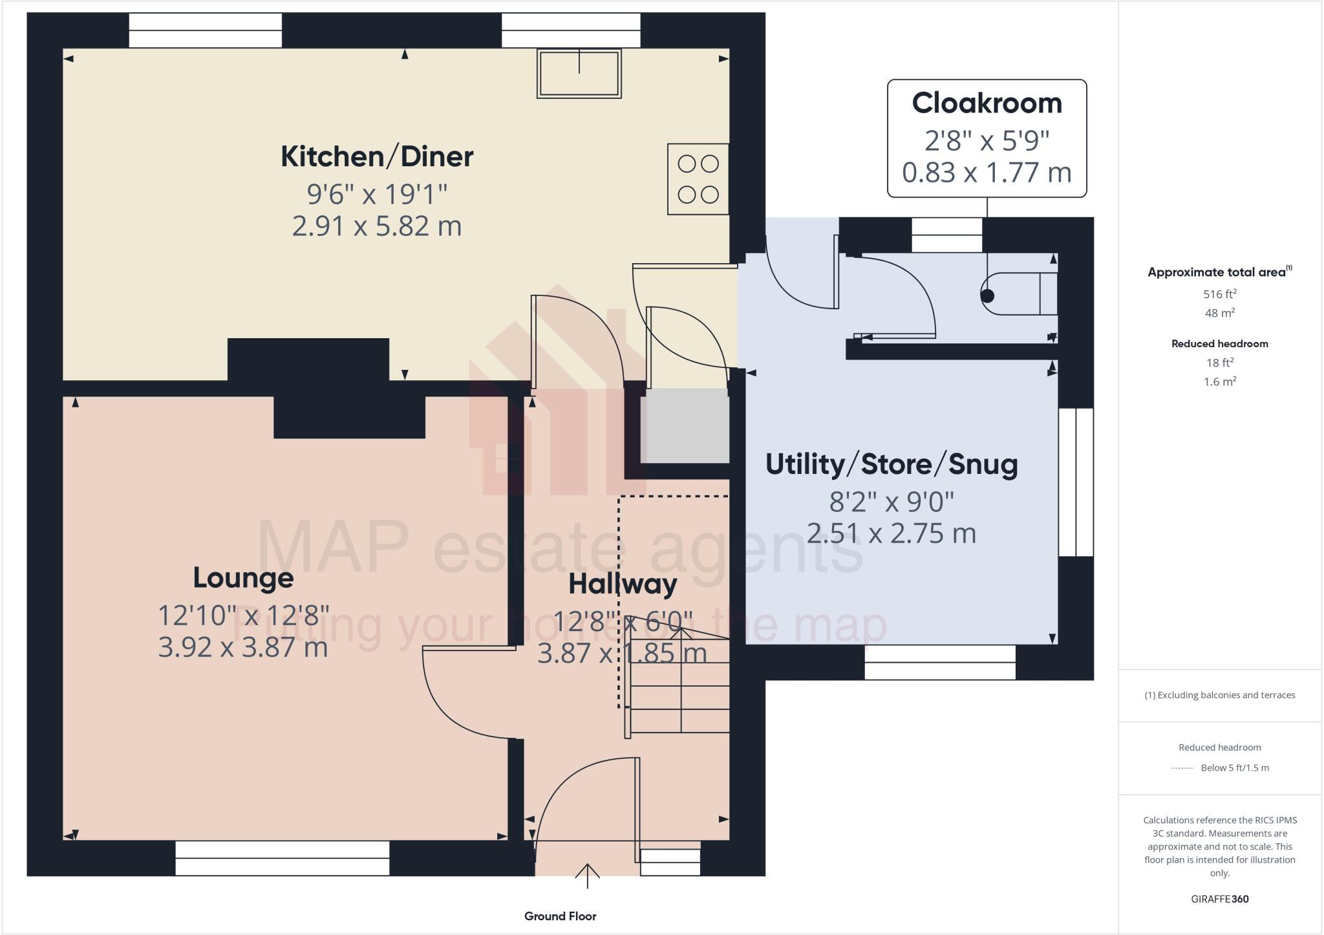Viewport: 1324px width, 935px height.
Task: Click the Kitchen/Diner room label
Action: (377, 157)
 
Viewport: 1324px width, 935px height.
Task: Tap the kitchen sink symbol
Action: (579, 73)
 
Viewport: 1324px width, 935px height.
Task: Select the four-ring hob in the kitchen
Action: (698, 179)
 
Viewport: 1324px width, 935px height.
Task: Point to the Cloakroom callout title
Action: (987, 103)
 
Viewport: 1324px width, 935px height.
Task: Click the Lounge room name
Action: (243, 578)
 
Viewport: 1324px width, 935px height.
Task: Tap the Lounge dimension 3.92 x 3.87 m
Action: (243, 647)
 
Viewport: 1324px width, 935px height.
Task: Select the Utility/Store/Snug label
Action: (892, 465)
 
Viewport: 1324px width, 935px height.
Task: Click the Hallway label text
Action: (623, 585)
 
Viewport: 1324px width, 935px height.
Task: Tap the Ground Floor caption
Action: (560, 916)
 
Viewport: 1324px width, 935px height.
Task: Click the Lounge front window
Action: (283, 858)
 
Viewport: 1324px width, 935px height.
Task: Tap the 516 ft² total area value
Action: (1219, 294)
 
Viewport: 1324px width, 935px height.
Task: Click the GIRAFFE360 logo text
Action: (1219, 899)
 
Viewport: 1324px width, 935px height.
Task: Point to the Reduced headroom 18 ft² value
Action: (1219, 363)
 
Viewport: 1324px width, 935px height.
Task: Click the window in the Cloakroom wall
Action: (946, 235)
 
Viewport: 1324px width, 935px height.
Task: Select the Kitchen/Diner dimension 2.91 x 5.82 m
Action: (377, 226)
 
